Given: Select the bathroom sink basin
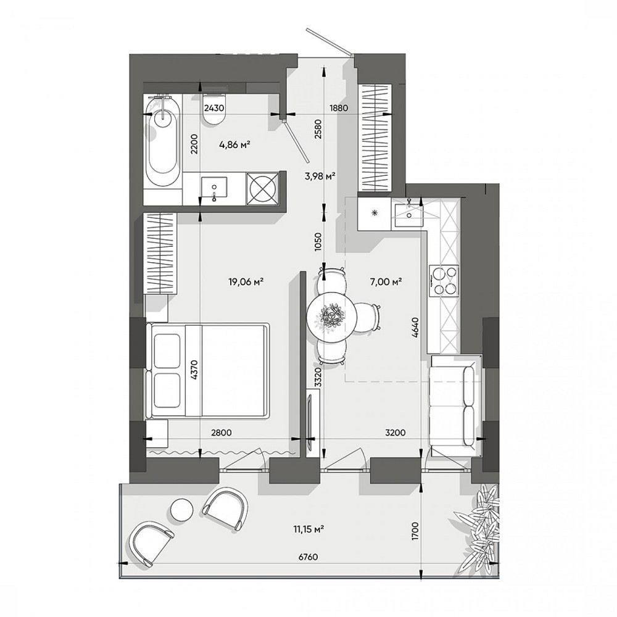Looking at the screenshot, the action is pos(214,189).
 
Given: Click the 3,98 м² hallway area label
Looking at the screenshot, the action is pos(320,176).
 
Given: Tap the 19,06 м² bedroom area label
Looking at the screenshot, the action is pos(246,281).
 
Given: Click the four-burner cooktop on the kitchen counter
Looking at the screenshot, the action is pos(444,281).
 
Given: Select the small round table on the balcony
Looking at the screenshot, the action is pos(182,509).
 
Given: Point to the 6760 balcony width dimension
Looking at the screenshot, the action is pos(308,557).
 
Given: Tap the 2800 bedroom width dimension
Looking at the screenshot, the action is pos(222,433).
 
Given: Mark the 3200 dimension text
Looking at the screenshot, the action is pos(395,433).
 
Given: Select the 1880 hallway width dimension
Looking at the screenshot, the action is pos(339,107).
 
